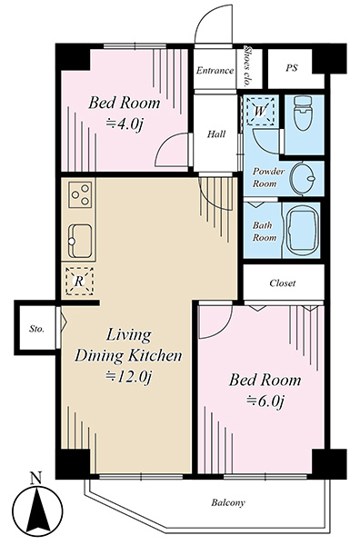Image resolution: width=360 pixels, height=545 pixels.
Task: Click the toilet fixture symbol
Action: point(304,113)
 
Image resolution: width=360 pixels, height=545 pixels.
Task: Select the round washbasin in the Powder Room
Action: point(302,179)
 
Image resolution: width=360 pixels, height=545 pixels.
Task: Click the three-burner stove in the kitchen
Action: point(80,194)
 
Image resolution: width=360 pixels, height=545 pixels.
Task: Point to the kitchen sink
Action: point(80,241)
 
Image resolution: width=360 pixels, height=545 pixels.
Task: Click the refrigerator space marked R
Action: point(79,282)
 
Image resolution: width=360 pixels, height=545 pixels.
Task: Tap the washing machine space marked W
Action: point(260,111)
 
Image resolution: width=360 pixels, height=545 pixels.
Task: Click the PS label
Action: point(292,68)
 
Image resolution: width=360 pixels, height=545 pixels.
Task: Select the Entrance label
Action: point(215,71)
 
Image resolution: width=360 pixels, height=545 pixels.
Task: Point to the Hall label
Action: point(216,134)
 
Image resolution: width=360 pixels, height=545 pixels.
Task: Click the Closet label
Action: point(283,282)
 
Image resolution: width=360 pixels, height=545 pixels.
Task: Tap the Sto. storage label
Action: point(36,329)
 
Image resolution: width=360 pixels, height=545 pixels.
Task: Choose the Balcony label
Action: point(228,502)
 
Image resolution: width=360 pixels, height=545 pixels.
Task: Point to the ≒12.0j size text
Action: point(129,376)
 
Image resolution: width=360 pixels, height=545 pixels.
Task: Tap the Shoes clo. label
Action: point(248,65)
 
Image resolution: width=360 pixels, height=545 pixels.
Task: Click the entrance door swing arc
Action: point(208,20)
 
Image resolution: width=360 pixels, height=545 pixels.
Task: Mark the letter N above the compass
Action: point(35,479)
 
